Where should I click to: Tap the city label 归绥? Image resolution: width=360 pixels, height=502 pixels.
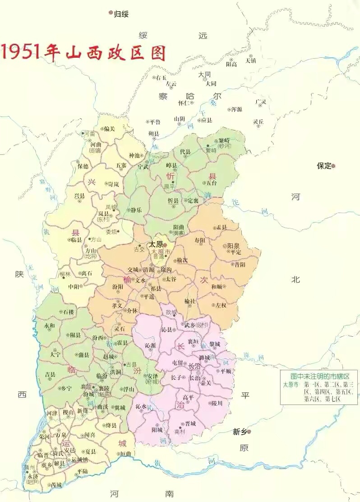[x=121, y=14]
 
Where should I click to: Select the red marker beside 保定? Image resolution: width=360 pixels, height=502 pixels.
[x=333, y=166]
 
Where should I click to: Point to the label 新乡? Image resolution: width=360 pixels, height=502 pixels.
[x=239, y=432]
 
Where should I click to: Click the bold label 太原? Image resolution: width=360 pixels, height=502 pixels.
[x=156, y=244]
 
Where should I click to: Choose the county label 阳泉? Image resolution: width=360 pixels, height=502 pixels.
[x=233, y=246]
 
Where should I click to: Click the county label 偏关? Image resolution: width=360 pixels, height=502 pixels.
[x=110, y=129]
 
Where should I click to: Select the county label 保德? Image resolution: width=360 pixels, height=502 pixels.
[x=83, y=166]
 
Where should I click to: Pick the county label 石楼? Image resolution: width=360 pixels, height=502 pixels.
[x=68, y=312]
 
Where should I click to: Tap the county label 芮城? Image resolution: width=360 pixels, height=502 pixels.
[x=57, y=485]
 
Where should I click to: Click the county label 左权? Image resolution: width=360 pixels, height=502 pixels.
[x=221, y=306]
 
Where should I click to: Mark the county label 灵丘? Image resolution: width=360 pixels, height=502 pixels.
[x=258, y=121]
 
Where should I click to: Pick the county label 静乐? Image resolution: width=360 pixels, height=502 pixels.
[x=136, y=210]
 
